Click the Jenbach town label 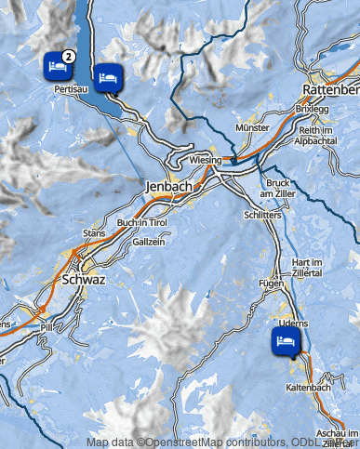pos(168,186)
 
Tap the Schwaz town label pos(87,279)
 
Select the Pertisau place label pos(72,89)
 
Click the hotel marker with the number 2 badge pos(57,65)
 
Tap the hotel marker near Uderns pos(284,341)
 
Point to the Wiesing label pos(206,161)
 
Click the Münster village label pos(253,125)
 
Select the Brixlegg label pos(313,108)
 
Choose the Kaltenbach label pos(308,387)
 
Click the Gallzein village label pos(149,242)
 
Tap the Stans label pos(94,232)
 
